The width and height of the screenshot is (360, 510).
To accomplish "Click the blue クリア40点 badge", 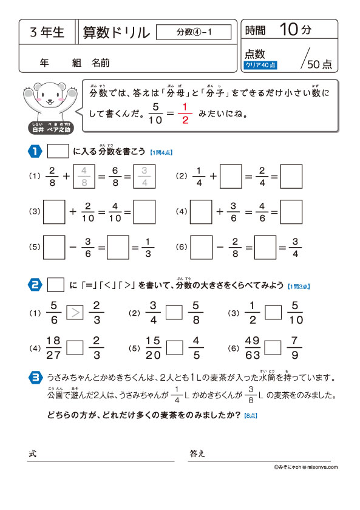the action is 260,64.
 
